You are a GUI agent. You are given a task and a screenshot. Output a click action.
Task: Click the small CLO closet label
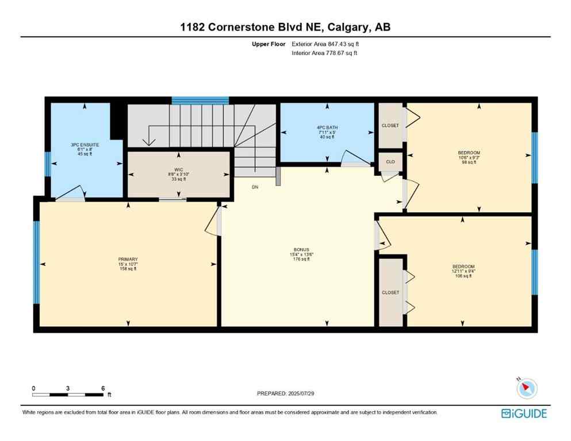pyautogui.click(x=390, y=162)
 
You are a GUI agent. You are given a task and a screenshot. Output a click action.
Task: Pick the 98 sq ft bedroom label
pyautogui.click(x=469, y=157)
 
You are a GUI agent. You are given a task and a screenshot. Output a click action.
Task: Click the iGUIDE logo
pyautogui.click(x=524, y=413)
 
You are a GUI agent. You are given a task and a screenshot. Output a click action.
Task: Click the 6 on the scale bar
pyautogui.click(x=103, y=388)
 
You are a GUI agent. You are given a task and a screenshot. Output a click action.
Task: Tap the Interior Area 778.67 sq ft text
pyautogui.click(x=324, y=53)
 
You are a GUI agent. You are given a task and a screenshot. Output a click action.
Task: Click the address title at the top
pyautogui.click(x=285, y=27)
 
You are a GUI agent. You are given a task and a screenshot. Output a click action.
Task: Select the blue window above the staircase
pyautogui.click(x=200, y=100)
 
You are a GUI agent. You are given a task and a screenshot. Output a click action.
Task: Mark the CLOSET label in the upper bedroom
pyautogui.click(x=390, y=125)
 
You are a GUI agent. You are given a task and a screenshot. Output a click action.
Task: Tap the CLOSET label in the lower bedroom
pyautogui.click(x=390, y=292)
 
